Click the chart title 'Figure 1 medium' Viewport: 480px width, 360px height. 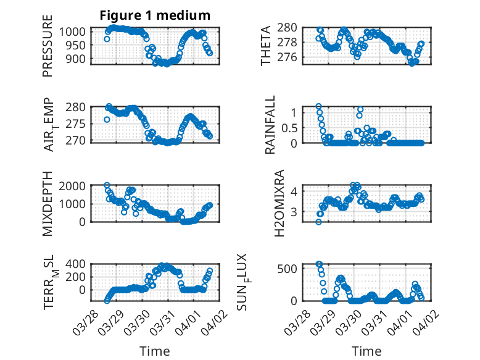155,15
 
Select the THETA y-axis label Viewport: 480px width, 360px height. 266,45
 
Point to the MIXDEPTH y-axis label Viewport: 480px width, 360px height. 48,204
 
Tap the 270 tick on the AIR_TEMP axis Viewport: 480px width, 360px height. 78,140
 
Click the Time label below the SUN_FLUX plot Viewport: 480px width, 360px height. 367,351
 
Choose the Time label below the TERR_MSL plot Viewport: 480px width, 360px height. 154,351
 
